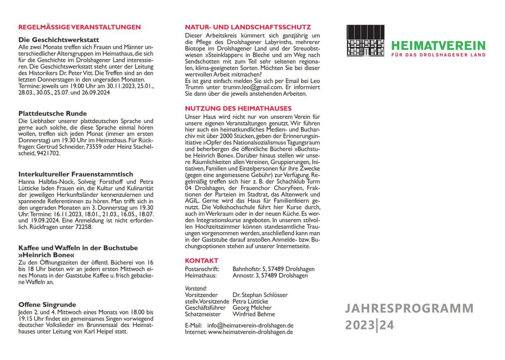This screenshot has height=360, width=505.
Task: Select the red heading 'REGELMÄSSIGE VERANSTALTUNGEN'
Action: pos(80,27)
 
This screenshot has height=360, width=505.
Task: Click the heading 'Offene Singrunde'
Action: pos(47,304)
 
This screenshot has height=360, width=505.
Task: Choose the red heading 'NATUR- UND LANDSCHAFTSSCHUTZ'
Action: pos(248,27)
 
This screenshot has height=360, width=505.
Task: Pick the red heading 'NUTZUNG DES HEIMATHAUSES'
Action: pos(238,108)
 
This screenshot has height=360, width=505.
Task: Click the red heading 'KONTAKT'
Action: pos(202,261)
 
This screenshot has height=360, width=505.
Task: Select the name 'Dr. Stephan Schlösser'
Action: pos(260,295)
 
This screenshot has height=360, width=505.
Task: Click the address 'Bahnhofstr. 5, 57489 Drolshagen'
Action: pos(273,269)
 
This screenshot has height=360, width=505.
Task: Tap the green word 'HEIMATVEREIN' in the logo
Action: pos(439,45)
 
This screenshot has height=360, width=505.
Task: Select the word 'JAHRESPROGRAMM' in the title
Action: pos(409,309)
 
